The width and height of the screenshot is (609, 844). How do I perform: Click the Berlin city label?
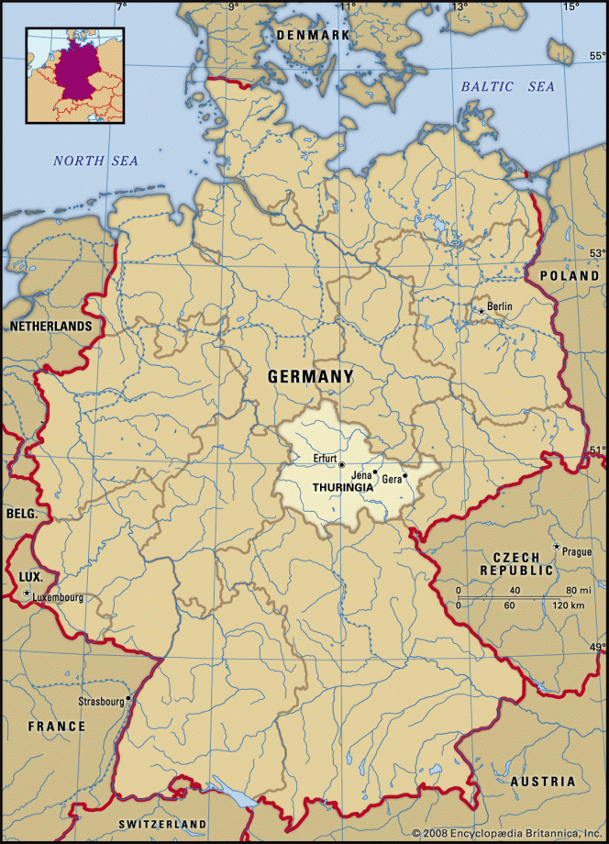(500, 306)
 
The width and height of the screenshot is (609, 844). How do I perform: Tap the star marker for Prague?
(555, 548)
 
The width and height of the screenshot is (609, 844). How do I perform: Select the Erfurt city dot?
(341, 465)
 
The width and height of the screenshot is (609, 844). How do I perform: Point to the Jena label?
(361, 474)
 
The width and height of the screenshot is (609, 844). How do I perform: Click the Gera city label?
(391, 479)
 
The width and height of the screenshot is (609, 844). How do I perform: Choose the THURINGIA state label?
(342, 487)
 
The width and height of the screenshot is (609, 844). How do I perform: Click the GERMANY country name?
(310, 376)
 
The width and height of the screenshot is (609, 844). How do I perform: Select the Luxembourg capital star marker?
(28, 594)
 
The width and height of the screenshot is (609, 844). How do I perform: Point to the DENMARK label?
(314, 35)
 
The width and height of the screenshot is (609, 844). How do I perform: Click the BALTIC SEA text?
(507, 86)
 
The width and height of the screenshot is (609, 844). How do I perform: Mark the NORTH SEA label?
(95, 161)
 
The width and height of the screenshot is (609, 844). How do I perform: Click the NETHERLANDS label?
(50, 326)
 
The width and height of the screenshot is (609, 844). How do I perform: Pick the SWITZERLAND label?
(162, 825)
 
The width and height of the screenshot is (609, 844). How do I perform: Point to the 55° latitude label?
(597, 56)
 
